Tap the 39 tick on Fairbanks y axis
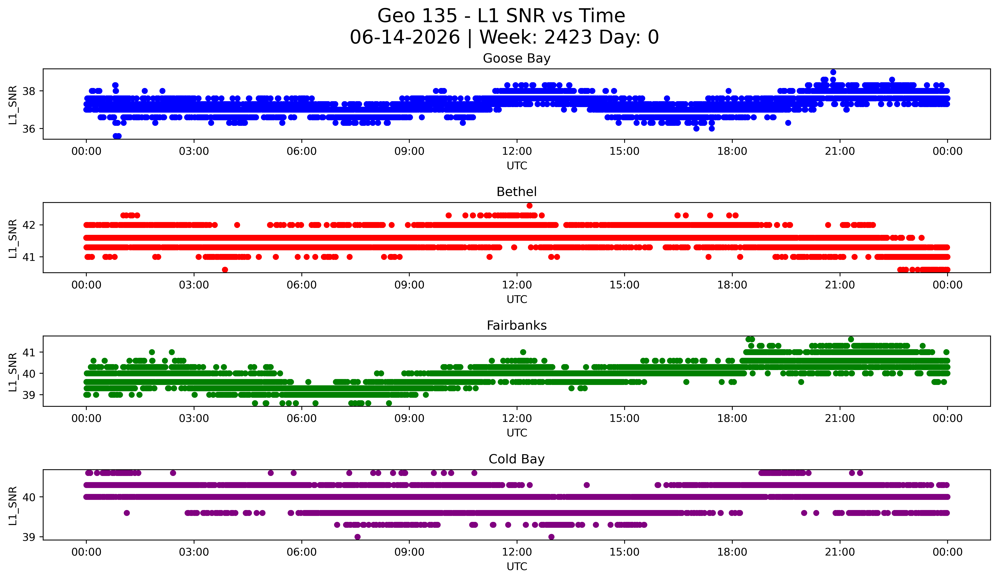click(x=28, y=395)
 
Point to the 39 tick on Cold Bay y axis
click(x=28, y=537)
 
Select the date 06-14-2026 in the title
click(x=405, y=37)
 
